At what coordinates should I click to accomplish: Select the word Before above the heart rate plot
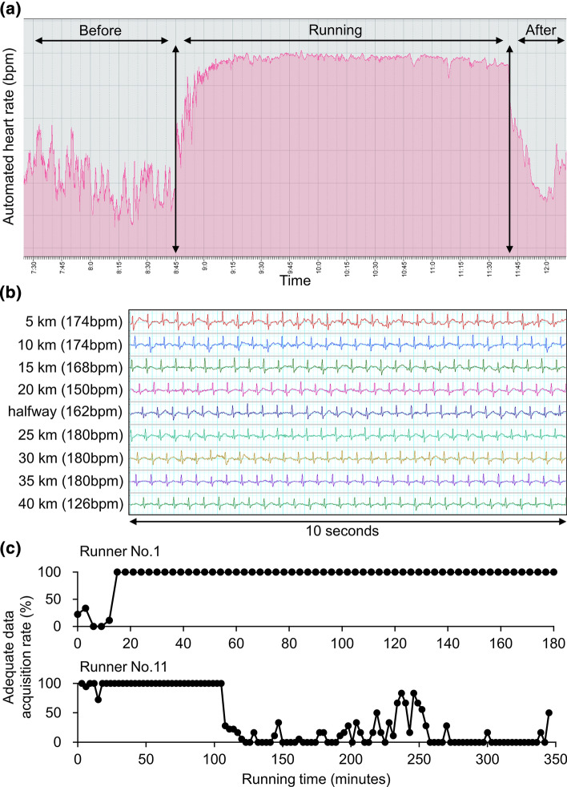100,31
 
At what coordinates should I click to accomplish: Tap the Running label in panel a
335,30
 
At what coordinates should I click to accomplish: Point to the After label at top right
540,31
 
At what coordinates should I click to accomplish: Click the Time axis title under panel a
294,281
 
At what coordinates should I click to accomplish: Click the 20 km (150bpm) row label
72,390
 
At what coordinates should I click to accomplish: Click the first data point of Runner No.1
78,614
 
